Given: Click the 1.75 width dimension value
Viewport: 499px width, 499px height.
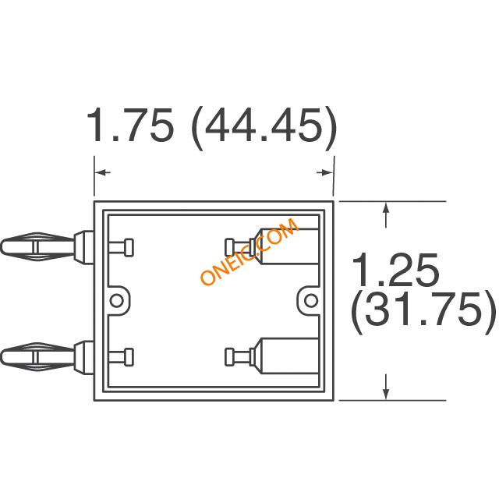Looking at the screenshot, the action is pyautogui.click(x=131, y=125).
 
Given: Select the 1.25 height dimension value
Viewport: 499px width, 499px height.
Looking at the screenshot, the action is pyautogui.click(x=395, y=269).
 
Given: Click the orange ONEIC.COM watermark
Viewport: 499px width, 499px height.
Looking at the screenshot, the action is pyautogui.click(x=249, y=251).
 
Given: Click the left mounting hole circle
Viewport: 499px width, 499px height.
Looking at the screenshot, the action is pyautogui.click(x=116, y=301).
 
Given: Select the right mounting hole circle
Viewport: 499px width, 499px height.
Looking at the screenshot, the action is pyautogui.click(x=311, y=301).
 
